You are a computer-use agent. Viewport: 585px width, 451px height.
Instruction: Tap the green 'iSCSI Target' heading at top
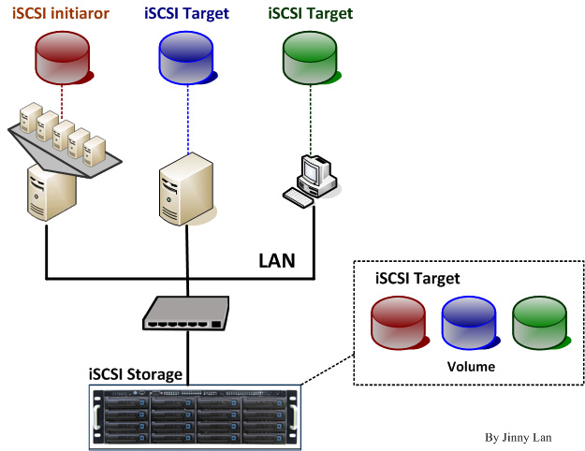[310, 14]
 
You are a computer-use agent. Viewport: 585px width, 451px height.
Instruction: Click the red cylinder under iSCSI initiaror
[62, 55]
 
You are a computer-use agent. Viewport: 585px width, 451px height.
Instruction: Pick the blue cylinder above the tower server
[187, 55]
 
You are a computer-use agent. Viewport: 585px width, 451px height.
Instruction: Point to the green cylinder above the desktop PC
[311, 55]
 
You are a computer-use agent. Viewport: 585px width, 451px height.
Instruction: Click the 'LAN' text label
[276, 260]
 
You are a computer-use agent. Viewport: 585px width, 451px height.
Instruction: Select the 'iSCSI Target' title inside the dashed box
[417, 279]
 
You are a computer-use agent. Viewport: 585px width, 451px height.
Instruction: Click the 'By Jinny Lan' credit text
[518, 436]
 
